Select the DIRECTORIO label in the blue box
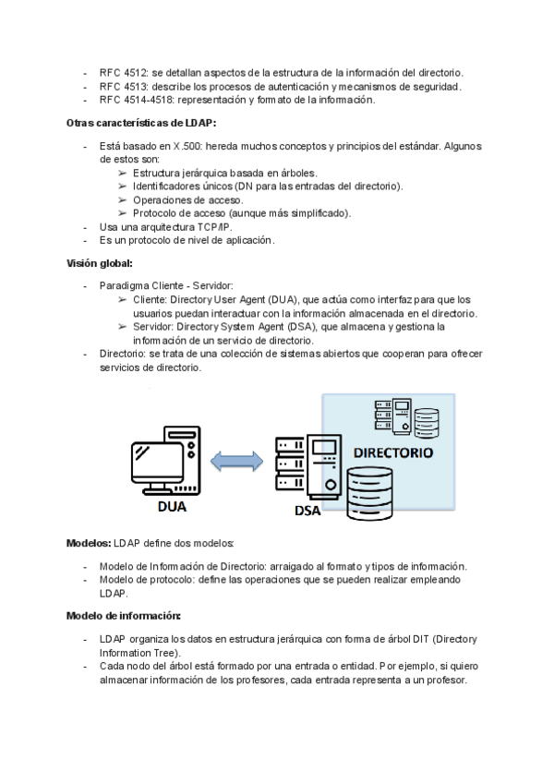click(x=393, y=453)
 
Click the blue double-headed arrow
click(x=235, y=460)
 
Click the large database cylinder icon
click(x=369, y=492)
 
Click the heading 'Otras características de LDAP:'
click(x=141, y=123)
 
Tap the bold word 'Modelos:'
click(x=89, y=543)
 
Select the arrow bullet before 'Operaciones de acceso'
click(x=123, y=199)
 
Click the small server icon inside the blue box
click(x=388, y=416)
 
